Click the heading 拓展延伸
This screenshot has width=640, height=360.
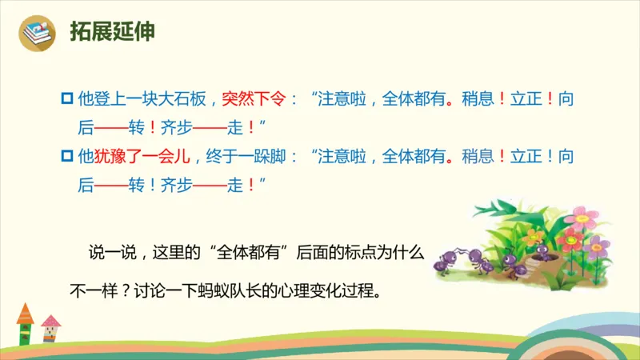(x=112, y=31)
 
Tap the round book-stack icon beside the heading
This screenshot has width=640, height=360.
(x=37, y=32)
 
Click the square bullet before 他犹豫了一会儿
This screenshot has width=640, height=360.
(x=66, y=157)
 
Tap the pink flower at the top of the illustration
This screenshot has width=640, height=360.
(x=586, y=216)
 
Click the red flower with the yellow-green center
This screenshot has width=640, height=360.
(x=570, y=238)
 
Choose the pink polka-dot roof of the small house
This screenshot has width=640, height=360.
(x=50, y=322)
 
